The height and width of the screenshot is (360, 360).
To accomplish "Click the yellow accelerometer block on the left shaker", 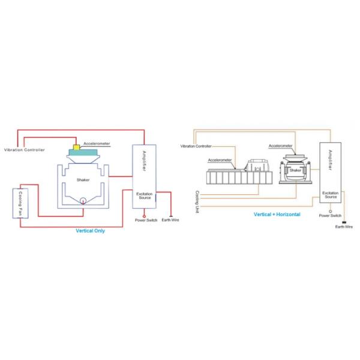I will click(77, 147).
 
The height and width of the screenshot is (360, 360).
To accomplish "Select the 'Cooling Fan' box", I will click(18, 208).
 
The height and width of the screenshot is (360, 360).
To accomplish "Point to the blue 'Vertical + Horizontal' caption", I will click(277, 214).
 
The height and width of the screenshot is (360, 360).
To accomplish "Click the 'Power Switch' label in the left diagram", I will click(146, 220).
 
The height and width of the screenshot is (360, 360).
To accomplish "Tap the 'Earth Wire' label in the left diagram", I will click(170, 220).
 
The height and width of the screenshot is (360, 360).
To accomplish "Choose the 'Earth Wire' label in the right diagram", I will click(344, 227).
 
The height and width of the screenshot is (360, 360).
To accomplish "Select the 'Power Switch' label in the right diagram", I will click(330, 215).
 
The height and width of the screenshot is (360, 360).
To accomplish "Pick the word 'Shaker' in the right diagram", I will click(295, 171).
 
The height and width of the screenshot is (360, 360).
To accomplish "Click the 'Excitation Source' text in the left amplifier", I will click(144, 196).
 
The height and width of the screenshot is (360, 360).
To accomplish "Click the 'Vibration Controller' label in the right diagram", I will click(196, 146).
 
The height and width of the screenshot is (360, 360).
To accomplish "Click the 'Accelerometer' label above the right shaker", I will click(280, 146).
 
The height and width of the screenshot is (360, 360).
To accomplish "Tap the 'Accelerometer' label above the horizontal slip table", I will click(220, 160).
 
